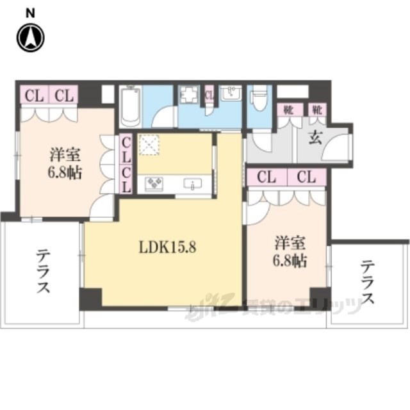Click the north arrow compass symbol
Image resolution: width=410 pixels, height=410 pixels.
30,37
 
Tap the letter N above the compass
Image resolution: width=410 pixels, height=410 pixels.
30,12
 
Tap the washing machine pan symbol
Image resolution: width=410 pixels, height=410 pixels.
188,97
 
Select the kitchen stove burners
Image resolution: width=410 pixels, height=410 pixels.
156,184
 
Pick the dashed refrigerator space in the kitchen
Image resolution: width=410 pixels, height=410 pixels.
150,146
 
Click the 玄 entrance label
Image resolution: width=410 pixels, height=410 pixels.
315,136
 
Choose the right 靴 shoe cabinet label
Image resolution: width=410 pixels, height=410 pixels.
316,110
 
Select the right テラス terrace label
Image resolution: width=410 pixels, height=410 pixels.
368,282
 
